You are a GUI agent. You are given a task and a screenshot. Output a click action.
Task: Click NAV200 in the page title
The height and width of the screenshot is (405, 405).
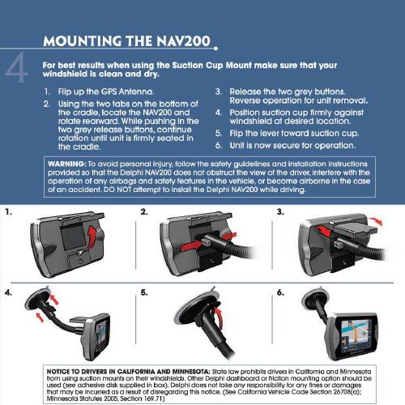[x=183, y=41]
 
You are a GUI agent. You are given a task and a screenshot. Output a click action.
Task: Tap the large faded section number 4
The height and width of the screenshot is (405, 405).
[x=16, y=67]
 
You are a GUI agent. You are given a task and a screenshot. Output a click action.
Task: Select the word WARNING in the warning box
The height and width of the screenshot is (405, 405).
[x=66, y=164]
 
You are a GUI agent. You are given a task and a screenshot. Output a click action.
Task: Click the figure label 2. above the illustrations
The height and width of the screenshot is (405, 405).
[x=144, y=212]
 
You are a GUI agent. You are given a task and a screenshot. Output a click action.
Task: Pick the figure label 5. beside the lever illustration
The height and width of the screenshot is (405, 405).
[x=144, y=292]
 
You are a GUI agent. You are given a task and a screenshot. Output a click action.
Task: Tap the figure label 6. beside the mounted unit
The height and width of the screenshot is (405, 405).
[x=280, y=292]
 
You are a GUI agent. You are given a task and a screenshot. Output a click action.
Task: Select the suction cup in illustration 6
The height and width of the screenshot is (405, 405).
[x=314, y=298]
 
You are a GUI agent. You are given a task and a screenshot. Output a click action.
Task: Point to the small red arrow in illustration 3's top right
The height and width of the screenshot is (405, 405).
[x=376, y=220]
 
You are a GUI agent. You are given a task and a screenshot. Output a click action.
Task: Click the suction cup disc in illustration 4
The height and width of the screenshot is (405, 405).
[x=37, y=299]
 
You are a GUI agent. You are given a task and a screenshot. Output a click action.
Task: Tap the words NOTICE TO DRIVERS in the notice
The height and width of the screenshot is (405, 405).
[x=76, y=372]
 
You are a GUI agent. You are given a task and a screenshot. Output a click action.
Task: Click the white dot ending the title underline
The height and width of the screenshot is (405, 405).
[x=215, y=49]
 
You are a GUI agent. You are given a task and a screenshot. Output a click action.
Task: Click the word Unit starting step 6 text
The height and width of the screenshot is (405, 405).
[x=237, y=145]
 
